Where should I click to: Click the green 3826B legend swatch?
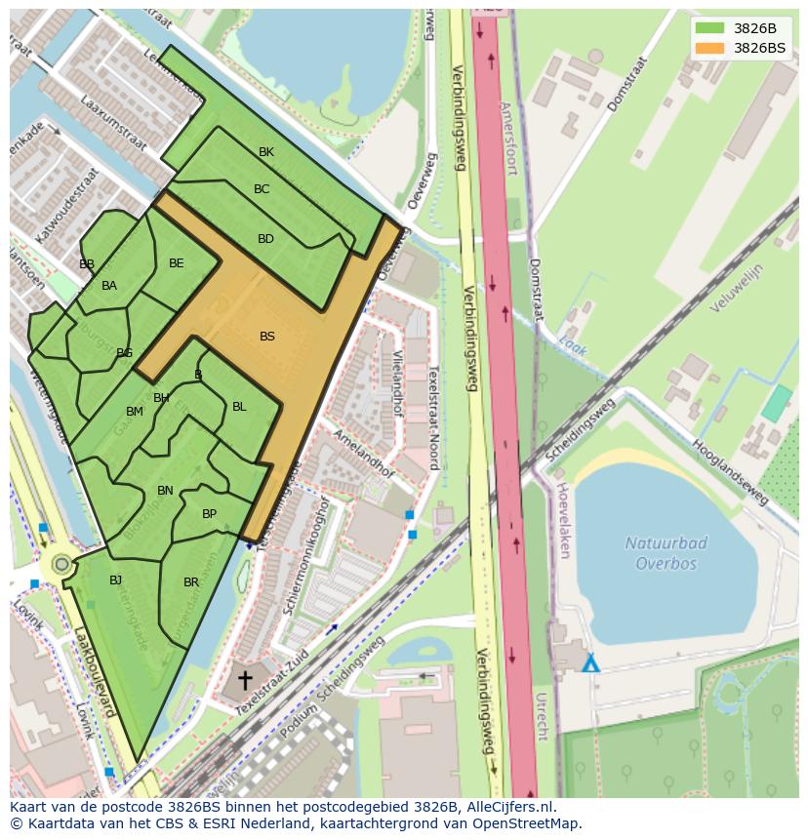(x=710, y=28)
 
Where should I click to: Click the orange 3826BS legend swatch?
(x=710, y=48)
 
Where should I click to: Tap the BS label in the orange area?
(x=267, y=337)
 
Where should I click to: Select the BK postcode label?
(x=266, y=152)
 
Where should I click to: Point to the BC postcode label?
(x=262, y=189)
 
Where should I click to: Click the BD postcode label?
(x=265, y=239)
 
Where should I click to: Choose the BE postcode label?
(x=177, y=263)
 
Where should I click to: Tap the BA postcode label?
(x=109, y=286)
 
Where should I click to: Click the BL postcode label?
(x=239, y=407)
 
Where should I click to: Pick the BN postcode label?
(x=165, y=491)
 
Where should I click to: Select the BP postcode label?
(x=209, y=514)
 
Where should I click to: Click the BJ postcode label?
(x=115, y=580)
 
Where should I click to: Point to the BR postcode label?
(x=191, y=582)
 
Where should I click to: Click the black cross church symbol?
(x=244, y=679)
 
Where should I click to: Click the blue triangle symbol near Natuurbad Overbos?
(x=590, y=664)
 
